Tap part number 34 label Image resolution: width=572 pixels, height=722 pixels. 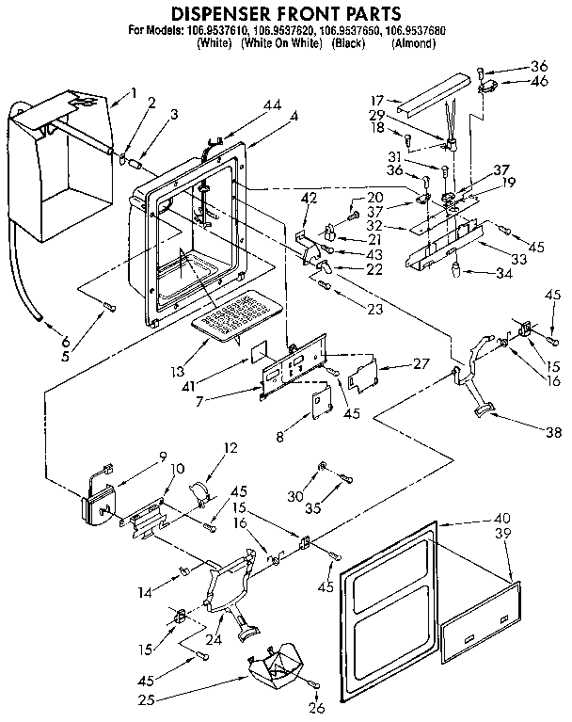(x=505, y=273)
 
